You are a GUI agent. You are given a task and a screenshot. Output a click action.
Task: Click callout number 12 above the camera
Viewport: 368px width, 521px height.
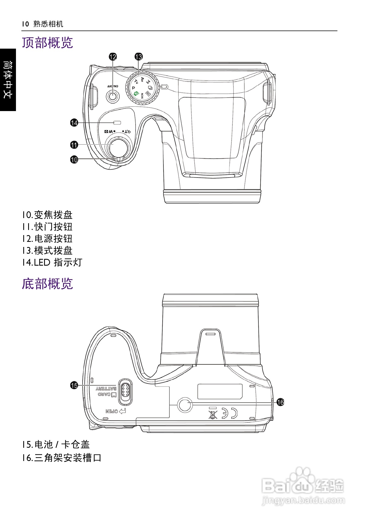click(113, 57)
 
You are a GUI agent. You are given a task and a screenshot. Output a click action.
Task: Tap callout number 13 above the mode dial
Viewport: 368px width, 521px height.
click(139, 57)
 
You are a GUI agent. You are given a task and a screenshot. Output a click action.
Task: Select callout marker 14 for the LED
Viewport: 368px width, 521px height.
click(74, 123)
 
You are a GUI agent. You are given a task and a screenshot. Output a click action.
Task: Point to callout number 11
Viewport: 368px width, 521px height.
click(74, 145)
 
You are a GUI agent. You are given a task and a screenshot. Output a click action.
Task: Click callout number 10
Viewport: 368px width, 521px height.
click(74, 159)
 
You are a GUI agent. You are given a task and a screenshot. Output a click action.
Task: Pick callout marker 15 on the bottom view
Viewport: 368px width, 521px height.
click(74, 385)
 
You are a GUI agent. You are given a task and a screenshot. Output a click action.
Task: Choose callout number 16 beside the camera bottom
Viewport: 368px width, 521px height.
click(280, 402)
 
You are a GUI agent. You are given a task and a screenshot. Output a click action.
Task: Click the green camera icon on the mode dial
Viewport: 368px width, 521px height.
click(137, 93)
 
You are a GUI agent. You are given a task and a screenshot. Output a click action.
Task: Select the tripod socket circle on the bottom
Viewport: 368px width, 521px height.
click(185, 404)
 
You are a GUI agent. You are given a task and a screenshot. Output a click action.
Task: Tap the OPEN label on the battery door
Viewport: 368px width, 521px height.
click(111, 411)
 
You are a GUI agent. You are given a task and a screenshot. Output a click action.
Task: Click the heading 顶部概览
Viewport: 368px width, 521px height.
click(47, 43)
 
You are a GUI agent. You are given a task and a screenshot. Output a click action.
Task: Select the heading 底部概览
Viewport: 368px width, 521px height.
click(47, 284)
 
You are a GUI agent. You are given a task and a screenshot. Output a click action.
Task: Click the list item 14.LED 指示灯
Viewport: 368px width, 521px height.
click(52, 262)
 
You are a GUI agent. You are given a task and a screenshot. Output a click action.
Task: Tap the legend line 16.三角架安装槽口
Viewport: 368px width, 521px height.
click(61, 458)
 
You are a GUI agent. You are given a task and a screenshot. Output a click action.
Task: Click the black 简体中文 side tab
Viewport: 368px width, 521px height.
click(8, 80)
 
